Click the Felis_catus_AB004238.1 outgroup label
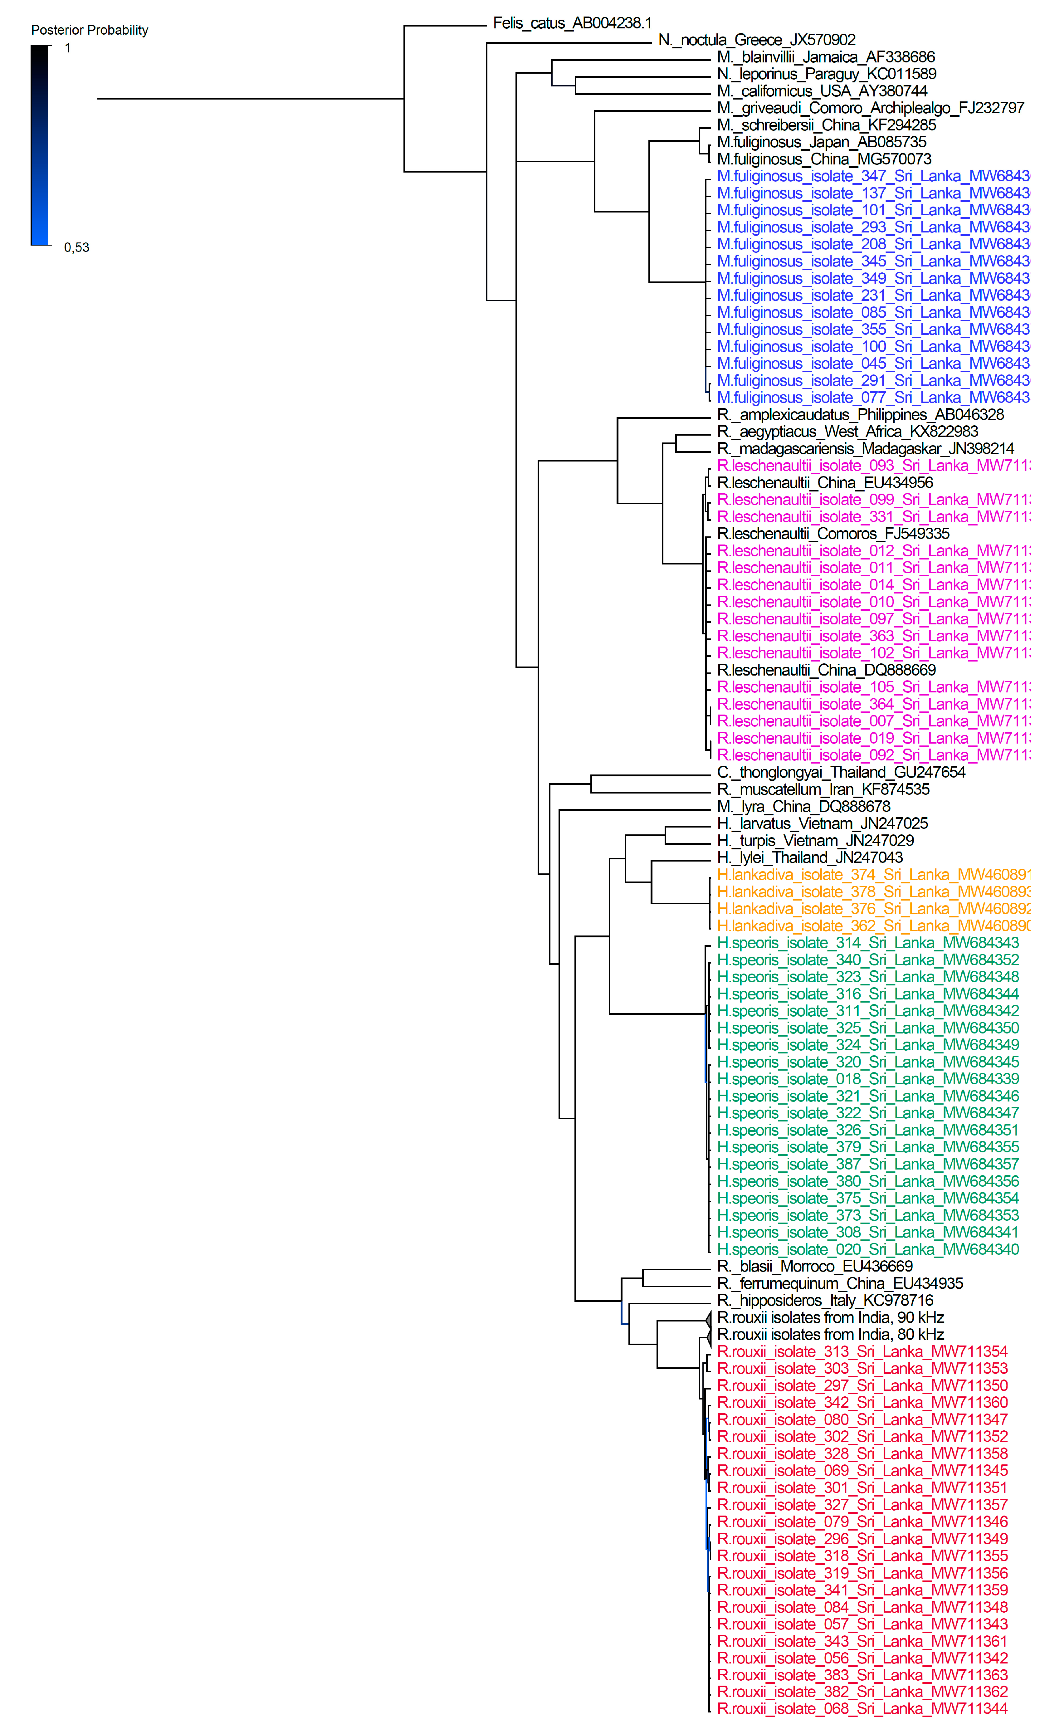[571, 23]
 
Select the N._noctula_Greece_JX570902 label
[756, 40]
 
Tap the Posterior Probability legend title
[89, 30]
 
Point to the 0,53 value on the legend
[77, 247]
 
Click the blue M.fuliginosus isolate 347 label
[872, 176]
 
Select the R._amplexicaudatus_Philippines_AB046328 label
[860, 414]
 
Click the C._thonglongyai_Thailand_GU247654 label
[841, 772]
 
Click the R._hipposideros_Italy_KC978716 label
[825, 1301]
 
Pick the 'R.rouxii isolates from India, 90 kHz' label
[830, 1317]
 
